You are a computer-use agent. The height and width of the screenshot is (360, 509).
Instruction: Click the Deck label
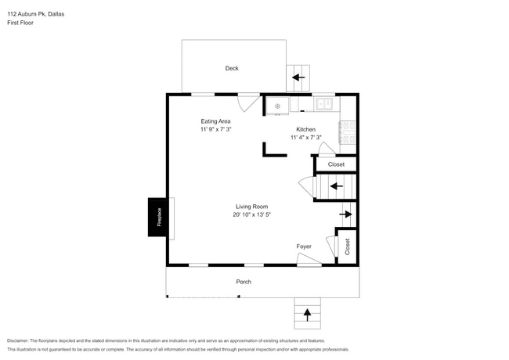point(232,69)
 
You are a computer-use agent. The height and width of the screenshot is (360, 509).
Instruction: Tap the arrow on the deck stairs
point(298,77)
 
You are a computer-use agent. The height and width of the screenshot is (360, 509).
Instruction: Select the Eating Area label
point(215,121)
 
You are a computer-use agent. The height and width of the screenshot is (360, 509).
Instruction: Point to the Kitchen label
point(305,129)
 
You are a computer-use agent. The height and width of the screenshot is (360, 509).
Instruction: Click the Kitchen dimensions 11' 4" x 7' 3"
point(305,138)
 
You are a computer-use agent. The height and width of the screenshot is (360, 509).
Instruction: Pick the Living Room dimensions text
point(251,214)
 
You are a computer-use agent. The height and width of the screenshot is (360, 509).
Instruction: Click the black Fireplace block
point(157,217)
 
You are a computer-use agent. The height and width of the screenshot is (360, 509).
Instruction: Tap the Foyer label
point(304,247)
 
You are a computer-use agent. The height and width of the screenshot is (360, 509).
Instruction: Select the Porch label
point(244,282)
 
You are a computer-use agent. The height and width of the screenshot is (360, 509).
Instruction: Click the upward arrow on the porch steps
point(307,315)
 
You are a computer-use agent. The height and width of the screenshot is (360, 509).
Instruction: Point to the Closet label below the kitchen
point(336,164)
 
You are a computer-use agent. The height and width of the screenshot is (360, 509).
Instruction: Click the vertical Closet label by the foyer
point(346,247)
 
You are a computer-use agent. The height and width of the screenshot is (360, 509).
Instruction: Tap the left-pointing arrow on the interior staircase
point(336,186)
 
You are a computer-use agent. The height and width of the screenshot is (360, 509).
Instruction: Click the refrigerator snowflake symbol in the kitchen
point(276,106)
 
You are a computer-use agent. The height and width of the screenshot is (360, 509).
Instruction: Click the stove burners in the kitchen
point(348,132)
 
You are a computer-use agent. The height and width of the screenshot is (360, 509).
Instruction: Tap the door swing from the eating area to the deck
point(250,103)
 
